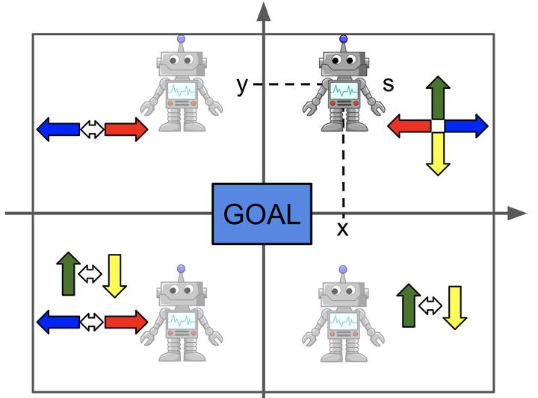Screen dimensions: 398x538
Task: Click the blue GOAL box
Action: pos(262,214)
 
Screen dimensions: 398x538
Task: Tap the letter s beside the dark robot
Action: pos(388,84)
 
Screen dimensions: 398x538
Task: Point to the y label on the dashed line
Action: pos(241,85)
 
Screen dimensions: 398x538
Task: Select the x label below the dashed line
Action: pos(342,228)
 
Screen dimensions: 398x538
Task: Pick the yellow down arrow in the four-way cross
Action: pos(438,155)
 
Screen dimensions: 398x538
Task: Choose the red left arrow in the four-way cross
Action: pos(408,125)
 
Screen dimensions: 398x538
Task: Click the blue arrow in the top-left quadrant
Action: pos(58,129)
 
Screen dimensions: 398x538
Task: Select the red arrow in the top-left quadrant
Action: pos(126,129)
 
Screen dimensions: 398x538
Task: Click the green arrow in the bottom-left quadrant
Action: pos(68,273)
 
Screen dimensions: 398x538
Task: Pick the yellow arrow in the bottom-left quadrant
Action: pos(114,275)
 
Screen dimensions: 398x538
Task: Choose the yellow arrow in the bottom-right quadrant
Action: pos(454,306)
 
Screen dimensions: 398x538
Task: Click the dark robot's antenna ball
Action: pos(343,38)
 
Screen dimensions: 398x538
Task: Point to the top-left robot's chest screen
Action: pos(182,92)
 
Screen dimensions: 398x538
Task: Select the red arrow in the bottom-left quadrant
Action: pos(126,322)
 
